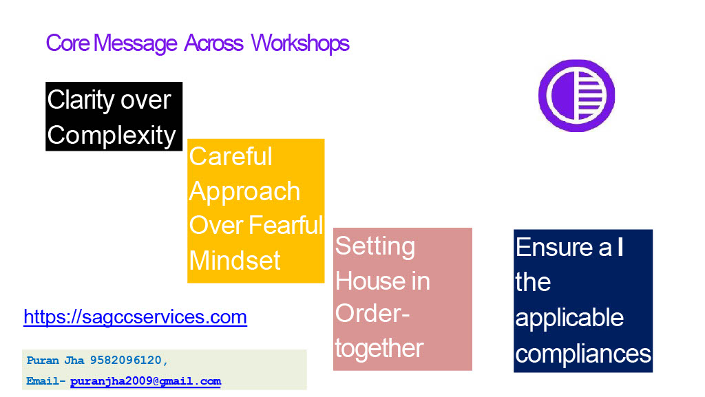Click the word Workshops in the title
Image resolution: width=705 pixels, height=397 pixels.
(x=300, y=43)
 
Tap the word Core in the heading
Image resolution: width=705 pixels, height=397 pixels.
(x=68, y=43)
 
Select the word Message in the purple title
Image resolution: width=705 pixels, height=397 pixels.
(x=136, y=44)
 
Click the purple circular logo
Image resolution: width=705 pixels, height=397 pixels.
(x=576, y=96)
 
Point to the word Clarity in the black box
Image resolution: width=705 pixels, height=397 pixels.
(x=81, y=100)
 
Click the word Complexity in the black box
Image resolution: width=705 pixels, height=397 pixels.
(x=112, y=135)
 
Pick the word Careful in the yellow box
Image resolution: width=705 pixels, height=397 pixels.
(x=231, y=156)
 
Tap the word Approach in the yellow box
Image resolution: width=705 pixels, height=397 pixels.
(x=244, y=192)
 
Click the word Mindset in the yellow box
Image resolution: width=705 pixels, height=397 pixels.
(x=235, y=260)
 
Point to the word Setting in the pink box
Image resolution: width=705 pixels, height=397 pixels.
(x=375, y=246)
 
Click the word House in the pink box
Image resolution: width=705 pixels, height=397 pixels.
(x=365, y=281)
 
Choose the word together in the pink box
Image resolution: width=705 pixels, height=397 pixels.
(x=379, y=349)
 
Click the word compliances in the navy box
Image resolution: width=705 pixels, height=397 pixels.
(x=583, y=354)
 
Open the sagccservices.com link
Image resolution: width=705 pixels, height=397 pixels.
(x=136, y=317)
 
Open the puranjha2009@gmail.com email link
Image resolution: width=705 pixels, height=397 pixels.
(x=146, y=381)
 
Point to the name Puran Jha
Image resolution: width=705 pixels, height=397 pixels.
(x=55, y=360)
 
